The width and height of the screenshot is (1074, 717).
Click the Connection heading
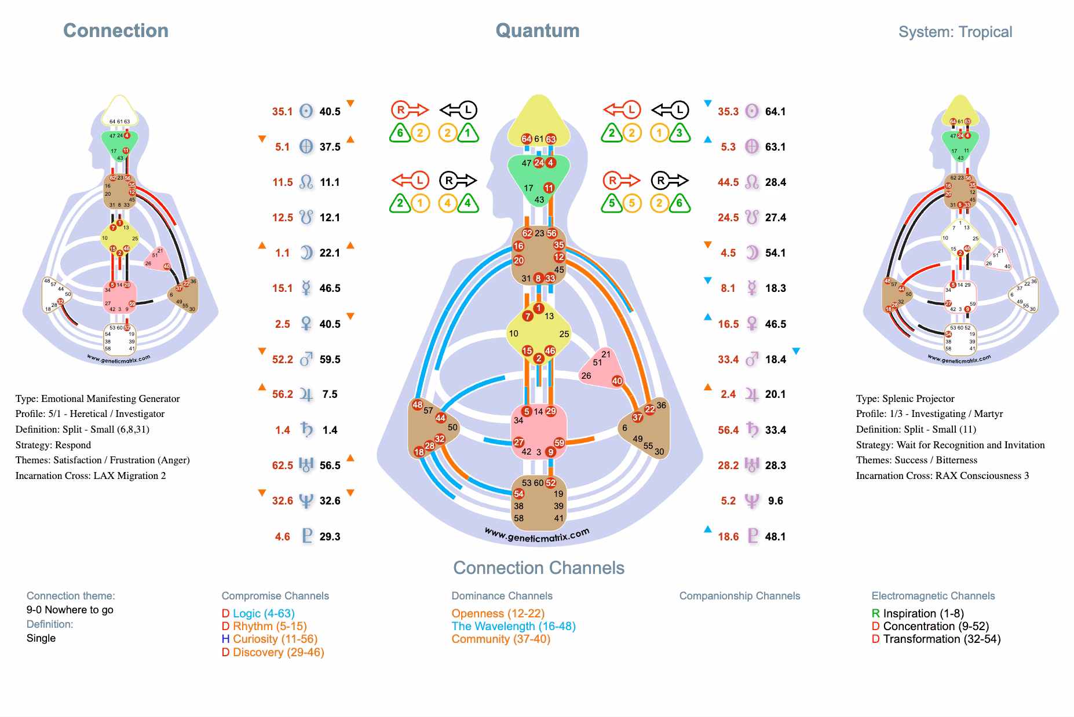pos(115,31)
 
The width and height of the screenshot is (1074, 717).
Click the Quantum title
pos(537,31)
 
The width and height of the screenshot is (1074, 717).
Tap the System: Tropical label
pos(955,32)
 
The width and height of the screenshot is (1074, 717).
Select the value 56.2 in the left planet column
pos(283,394)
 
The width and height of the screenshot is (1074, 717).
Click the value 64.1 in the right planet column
pos(775,111)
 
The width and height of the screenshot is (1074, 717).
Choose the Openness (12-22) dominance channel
pos(498,613)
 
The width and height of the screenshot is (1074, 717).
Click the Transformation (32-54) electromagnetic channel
pos(941,639)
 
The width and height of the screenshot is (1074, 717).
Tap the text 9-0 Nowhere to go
pos(70,609)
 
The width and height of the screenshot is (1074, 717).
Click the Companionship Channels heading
pos(739,596)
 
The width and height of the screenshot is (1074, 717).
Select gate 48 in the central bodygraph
pos(417,404)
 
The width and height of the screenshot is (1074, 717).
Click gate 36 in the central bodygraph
pos(661,405)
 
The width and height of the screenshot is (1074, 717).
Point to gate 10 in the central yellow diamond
pos(513,334)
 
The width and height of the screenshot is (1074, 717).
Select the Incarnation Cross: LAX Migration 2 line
pos(90,475)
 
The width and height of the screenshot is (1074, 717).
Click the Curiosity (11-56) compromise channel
pos(275,639)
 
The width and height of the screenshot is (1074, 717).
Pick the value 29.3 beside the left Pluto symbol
pos(330,536)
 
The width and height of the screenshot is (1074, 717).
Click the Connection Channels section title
pos(538,568)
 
